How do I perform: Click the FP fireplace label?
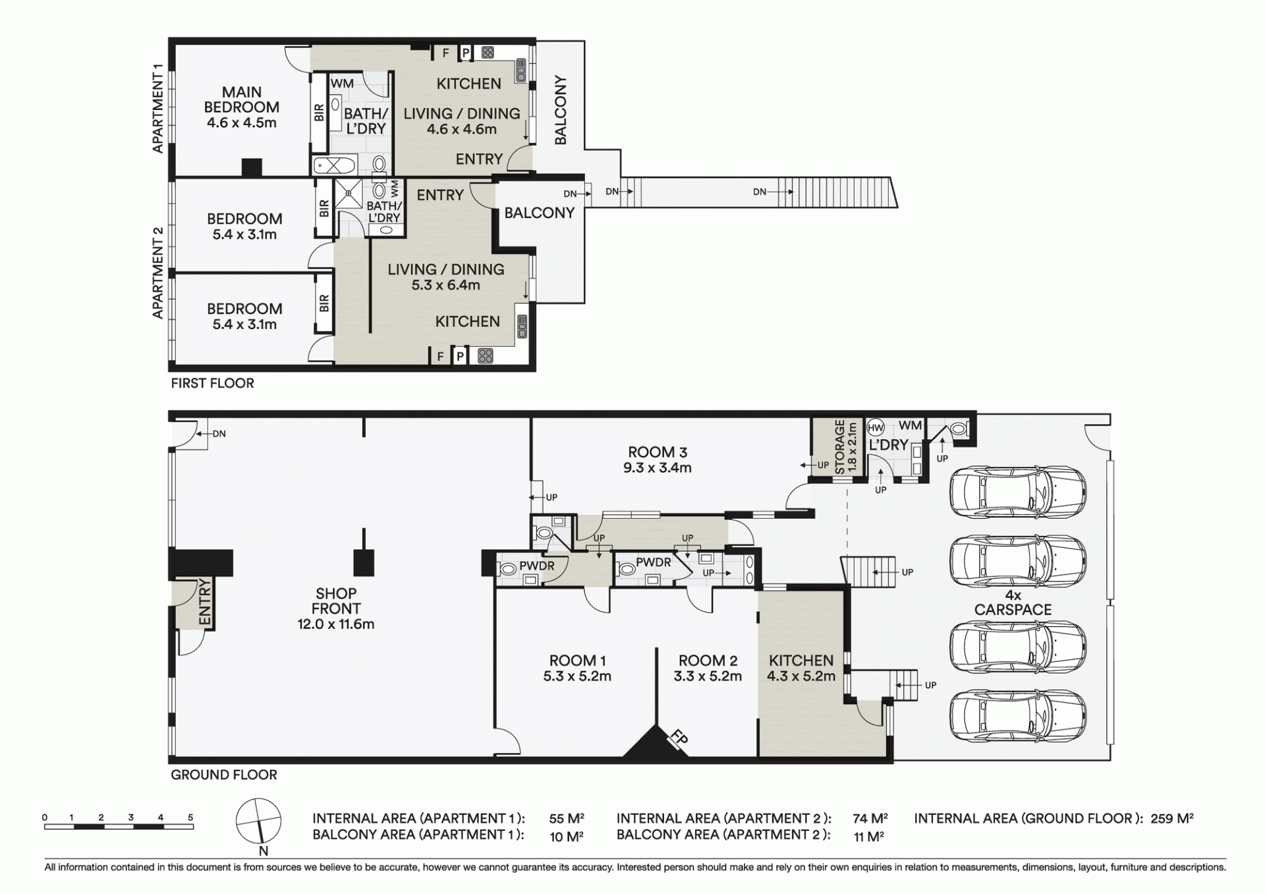pos(679,738)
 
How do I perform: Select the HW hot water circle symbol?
pos(876,427)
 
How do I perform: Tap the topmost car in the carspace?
pos(1017,492)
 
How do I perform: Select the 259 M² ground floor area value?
pos(1172,819)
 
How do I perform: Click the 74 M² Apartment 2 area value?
pos(870,819)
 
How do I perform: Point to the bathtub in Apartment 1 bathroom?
pos(335,165)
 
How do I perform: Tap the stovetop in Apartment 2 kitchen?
pos(486,356)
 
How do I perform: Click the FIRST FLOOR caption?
pos(212,383)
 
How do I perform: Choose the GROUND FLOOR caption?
pos(224,775)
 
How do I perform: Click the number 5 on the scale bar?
pos(190,818)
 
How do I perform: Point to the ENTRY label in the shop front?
pos(205,602)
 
